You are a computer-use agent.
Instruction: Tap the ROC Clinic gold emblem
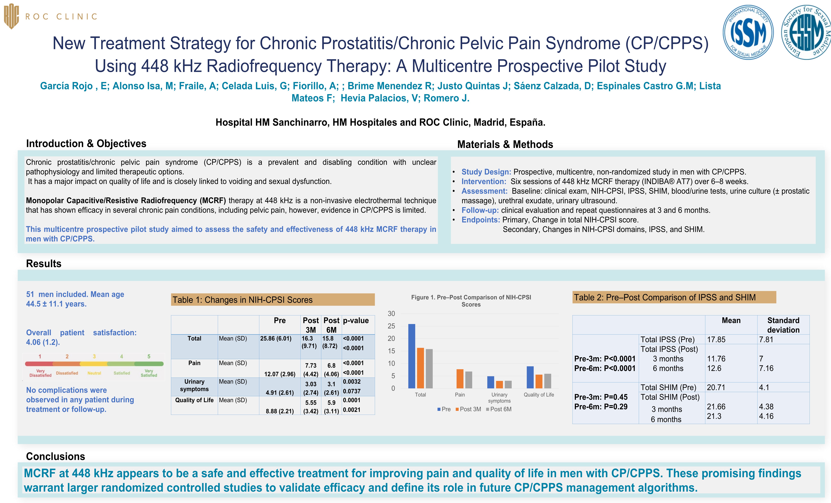point(11,16)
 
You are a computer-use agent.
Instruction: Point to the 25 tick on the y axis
point(391,326)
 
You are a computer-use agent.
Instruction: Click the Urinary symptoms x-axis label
point(499,398)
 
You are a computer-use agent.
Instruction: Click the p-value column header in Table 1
point(356,320)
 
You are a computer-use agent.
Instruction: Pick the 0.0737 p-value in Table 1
point(352,391)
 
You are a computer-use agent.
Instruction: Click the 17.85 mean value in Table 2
point(716,340)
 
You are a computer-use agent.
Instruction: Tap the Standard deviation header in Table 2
point(783,325)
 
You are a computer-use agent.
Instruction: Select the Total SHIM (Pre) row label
point(668,388)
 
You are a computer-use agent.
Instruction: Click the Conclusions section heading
point(56,456)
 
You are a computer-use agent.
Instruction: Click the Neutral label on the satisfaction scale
point(94,373)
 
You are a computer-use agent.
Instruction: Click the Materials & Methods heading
point(505,145)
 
